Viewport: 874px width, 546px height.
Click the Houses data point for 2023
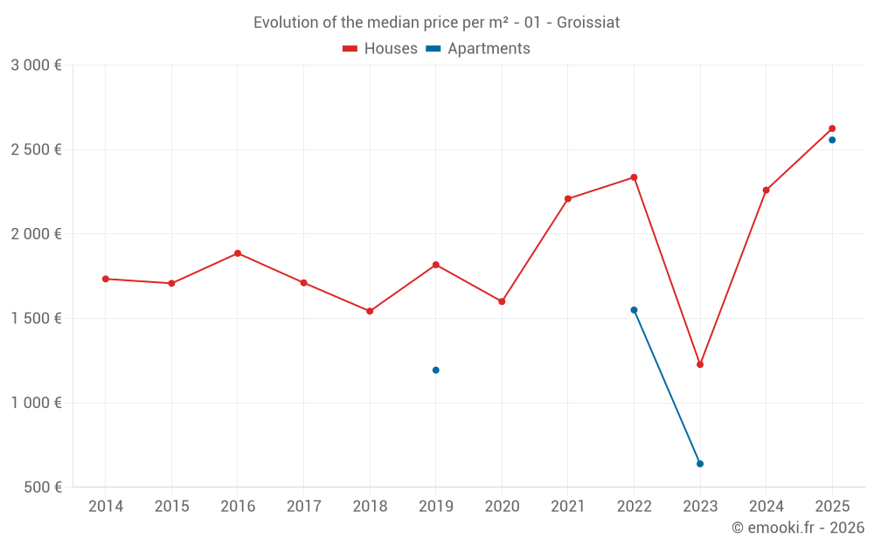[700, 364]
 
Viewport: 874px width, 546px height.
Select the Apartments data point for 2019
[435, 370]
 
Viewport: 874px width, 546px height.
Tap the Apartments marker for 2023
[700, 464]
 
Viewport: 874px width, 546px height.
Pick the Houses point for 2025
[832, 128]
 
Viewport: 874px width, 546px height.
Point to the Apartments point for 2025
[832, 140]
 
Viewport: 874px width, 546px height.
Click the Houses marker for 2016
[238, 253]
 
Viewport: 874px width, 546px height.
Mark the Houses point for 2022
[634, 177]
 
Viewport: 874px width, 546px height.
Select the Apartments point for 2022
[634, 310]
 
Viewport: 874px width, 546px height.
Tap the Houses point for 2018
[370, 311]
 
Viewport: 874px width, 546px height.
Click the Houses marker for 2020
[502, 301]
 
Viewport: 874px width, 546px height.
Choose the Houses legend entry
[380, 49]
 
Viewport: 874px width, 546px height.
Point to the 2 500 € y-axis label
[36, 149]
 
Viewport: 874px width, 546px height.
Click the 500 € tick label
[43, 487]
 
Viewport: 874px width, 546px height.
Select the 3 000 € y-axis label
[36, 65]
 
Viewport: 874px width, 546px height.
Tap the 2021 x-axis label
[567, 507]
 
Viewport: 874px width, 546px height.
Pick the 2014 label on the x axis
[106, 507]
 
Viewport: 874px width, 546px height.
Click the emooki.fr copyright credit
[797, 528]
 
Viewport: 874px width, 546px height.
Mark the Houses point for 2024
[766, 190]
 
